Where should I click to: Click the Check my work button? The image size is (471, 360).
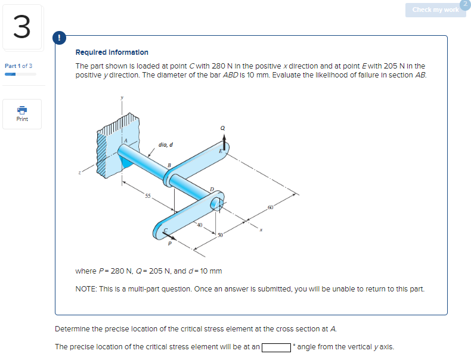(435, 10)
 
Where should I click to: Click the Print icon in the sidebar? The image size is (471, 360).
(22, 113)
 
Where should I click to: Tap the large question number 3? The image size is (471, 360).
(21, 28)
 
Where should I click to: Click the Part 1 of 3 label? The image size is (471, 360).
(18, 66)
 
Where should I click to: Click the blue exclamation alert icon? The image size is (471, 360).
(59, 38)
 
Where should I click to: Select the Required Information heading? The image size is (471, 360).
(111, 52)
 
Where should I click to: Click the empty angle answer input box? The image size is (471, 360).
(275, 347)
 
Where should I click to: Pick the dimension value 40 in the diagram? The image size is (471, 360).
(200, 225)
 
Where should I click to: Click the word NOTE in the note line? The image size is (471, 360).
(86, 289)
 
